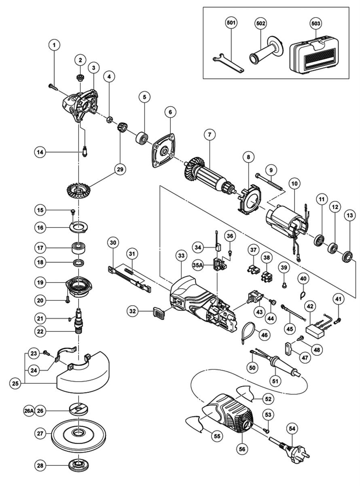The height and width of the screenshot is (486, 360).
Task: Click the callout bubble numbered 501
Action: (231, 23)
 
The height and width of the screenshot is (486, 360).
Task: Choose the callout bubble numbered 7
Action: (210, 135)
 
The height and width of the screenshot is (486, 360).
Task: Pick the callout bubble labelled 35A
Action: (197, 265)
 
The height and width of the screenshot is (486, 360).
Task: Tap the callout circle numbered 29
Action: (120, 169)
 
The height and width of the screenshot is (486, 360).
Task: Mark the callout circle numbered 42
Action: (310, 306)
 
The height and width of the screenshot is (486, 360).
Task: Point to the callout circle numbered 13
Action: (350, 216)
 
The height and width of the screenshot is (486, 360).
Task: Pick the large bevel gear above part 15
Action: (78, 191)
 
